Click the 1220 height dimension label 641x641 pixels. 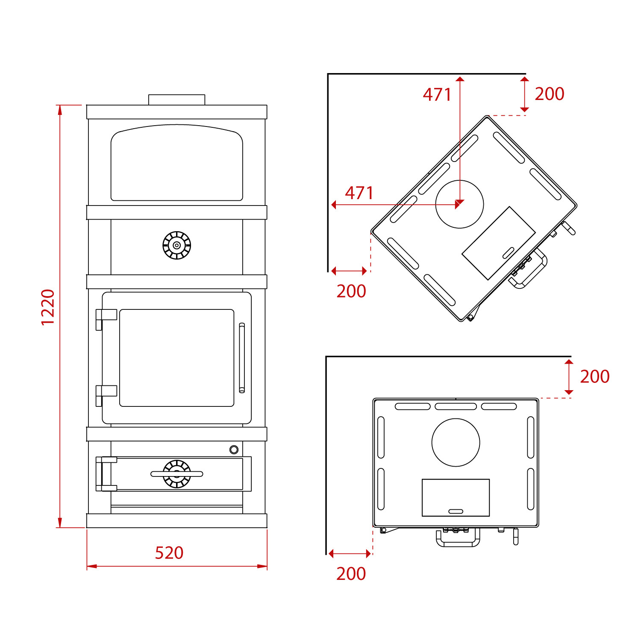click(x=48, y=307)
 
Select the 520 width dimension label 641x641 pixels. click(x=169, y=553)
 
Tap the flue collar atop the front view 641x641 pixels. click(x=176, y=100)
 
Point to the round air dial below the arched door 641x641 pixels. click(x=176, y=245)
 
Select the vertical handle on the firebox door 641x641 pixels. click(x=242, y=358)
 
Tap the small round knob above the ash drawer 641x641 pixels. click(x=234, y=450)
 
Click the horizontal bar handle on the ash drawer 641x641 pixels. click(x=176, y=474)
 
